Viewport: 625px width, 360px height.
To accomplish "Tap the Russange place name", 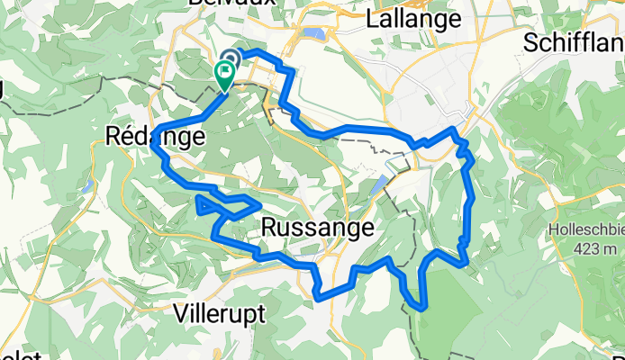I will coord(317,229).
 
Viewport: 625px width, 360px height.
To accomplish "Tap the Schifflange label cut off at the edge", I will coord(573,42).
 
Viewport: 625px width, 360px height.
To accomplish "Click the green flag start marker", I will coord(223,73).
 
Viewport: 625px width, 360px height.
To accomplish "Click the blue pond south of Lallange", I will coord(314,35).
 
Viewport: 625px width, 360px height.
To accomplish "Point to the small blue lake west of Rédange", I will coord(86,190).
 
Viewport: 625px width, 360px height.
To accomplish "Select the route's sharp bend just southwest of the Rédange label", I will coord(160,148).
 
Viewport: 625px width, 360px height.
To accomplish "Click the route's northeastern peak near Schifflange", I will coord(454,131).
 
